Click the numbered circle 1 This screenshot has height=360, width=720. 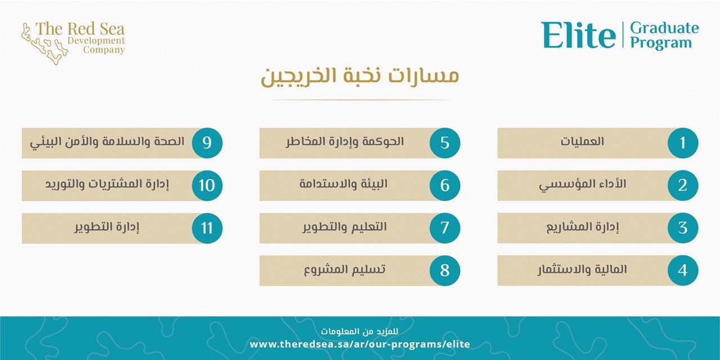click(x=683, y=143)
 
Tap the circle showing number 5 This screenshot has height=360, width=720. click(x=445, y=143)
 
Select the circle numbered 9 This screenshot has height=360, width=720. click(x=207, y=143)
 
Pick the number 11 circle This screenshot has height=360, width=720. click(x=207, y=228)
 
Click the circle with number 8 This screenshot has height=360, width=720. click(x=445, y=271)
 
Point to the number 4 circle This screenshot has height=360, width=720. click(x=683, y=271)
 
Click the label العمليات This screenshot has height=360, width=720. click(x=582, y=141)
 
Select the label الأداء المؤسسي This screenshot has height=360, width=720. click(x=582, y=185)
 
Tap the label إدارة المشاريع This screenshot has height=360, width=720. click(x=582, y=227)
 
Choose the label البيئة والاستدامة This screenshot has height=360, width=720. click(x=344, y=184)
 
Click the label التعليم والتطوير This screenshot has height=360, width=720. click(x=344, y=227)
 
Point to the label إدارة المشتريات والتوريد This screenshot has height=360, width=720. click(x=107, y=184)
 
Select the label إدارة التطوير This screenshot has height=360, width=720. click(x=107, y=227)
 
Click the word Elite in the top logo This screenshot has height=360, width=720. click(x=578, y=35)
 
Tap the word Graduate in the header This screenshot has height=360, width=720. click(x=664, y=28)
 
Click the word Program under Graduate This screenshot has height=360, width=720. click(x=661, y=43)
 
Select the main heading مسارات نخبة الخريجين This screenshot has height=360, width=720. click(x=359, y=76)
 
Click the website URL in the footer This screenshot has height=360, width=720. click(x=360, y=344)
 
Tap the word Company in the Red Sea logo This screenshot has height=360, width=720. click(x=104, y=50)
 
